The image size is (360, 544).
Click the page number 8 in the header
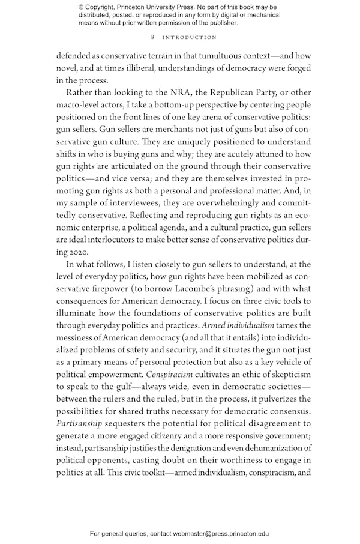point(153,37)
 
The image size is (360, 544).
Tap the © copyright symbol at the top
point(81,7)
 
